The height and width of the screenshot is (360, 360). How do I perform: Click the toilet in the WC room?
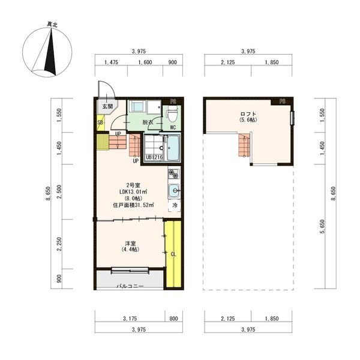click(x=172, y=113)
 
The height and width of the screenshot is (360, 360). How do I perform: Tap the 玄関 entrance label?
click(x=107, y=107)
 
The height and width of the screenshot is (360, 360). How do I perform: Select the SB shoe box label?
click(x=100, y=122)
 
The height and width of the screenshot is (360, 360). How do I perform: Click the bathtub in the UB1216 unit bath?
click(x=173, y=148)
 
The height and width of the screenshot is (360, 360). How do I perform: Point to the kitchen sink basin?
click(x=174, y=191)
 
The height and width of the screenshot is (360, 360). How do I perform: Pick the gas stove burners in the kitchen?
click(x=174, y=174)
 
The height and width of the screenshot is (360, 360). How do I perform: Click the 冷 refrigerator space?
click(x=175, y=205)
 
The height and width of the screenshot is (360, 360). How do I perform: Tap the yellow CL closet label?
click(x=173, y=254)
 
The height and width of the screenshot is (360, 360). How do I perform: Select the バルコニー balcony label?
click(x=130, y=286)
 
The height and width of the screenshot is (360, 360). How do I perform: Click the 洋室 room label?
click(x=130, y=243)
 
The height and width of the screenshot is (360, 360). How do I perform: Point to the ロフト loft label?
click(x=248, y=114)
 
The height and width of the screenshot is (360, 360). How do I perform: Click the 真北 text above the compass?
click(x=52, y=25)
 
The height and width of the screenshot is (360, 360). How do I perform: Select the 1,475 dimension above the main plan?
click(x=111, y=62)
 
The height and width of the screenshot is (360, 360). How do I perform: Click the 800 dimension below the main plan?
click(x=173, y=319)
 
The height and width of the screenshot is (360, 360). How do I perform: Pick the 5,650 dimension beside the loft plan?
click(x=323, y=226)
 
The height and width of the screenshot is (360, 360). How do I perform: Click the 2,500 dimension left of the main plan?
click(x=59, y=192)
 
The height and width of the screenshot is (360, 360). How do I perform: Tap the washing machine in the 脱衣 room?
click(x=137, y=107)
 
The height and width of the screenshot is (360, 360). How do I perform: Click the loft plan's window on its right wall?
click(x=292, y=118)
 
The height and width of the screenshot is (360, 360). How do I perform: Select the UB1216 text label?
click(x=154, y=157)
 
